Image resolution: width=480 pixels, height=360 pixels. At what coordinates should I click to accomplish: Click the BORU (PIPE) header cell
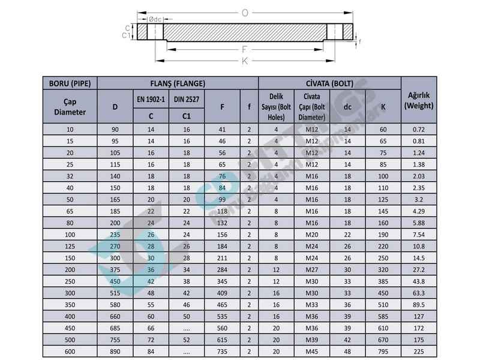tap(70, 83)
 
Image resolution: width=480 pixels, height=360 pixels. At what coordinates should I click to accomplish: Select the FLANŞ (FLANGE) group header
tap(178, 83)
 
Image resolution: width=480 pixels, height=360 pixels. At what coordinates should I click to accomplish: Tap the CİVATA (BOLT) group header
tap(329, 83)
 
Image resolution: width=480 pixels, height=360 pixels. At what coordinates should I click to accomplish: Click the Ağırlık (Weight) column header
tap(419, 100)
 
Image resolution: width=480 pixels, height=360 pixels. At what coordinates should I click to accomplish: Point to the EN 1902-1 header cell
tap(151, 99)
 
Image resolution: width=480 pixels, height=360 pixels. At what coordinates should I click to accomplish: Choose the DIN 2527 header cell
tap(187, 99)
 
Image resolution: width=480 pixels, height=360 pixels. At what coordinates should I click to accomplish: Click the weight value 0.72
tap(419, 130)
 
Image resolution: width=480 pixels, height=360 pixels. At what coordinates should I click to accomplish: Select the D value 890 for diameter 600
tap(115, 352)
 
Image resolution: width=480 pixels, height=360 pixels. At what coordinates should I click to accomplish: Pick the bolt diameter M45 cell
tap(311, 352)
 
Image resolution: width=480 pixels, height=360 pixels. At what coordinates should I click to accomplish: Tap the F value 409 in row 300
tap(222, 293)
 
